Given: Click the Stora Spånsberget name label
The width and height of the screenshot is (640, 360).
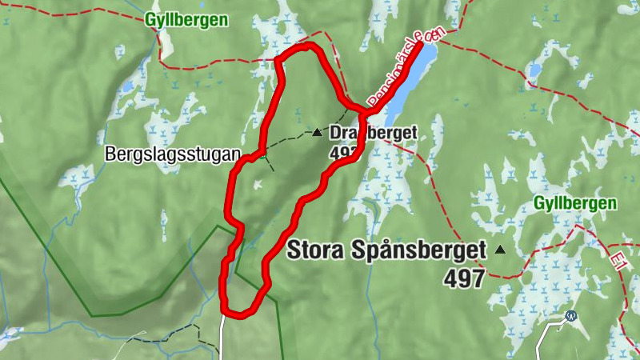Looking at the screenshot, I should (386, 250).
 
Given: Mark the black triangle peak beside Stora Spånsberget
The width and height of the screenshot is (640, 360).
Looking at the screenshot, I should (501, 250).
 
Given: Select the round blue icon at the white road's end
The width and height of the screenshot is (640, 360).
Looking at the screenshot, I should (570, 316).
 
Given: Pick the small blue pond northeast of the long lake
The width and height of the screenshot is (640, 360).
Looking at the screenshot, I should (534, 71).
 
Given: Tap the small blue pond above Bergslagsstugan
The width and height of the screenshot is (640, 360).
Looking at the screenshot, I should (126, 86).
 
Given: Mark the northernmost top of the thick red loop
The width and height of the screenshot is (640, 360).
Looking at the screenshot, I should (304, 47).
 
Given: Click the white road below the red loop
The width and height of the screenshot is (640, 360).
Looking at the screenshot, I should (223, 336).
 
